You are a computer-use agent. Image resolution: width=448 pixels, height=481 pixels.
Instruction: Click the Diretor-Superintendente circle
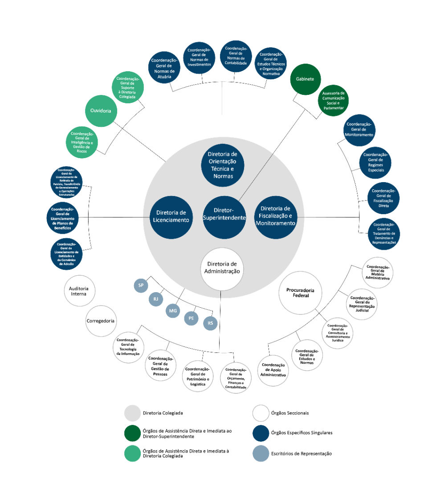224,217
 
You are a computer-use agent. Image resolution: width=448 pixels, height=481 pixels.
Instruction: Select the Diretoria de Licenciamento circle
171,217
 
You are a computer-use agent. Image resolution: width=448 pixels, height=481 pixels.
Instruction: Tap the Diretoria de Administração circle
222,269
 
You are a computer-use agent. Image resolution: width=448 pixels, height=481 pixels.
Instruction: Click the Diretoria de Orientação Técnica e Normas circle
222,164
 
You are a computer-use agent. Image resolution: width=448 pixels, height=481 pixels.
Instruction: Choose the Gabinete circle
305,79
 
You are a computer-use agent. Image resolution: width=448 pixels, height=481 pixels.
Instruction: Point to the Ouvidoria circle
101,111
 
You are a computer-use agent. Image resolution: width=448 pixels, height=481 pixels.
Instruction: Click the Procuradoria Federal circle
301,292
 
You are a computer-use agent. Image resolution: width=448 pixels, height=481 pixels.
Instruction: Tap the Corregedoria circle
101,321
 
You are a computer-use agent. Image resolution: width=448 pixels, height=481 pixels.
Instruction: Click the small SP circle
141,285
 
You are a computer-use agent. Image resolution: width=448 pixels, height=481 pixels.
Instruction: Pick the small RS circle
210,323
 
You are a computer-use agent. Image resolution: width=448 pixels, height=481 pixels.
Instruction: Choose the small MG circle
173,310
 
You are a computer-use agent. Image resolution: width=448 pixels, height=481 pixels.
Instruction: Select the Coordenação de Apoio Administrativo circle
273,371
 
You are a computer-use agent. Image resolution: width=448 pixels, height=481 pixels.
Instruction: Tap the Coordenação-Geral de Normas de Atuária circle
164,67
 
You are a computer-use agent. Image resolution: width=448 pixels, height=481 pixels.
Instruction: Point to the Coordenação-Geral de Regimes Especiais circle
375,162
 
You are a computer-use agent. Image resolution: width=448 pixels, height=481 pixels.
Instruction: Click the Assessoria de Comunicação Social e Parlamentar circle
333,101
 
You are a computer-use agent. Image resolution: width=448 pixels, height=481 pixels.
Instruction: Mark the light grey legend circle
133,413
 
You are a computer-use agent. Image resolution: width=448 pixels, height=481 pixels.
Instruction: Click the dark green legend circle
133,433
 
